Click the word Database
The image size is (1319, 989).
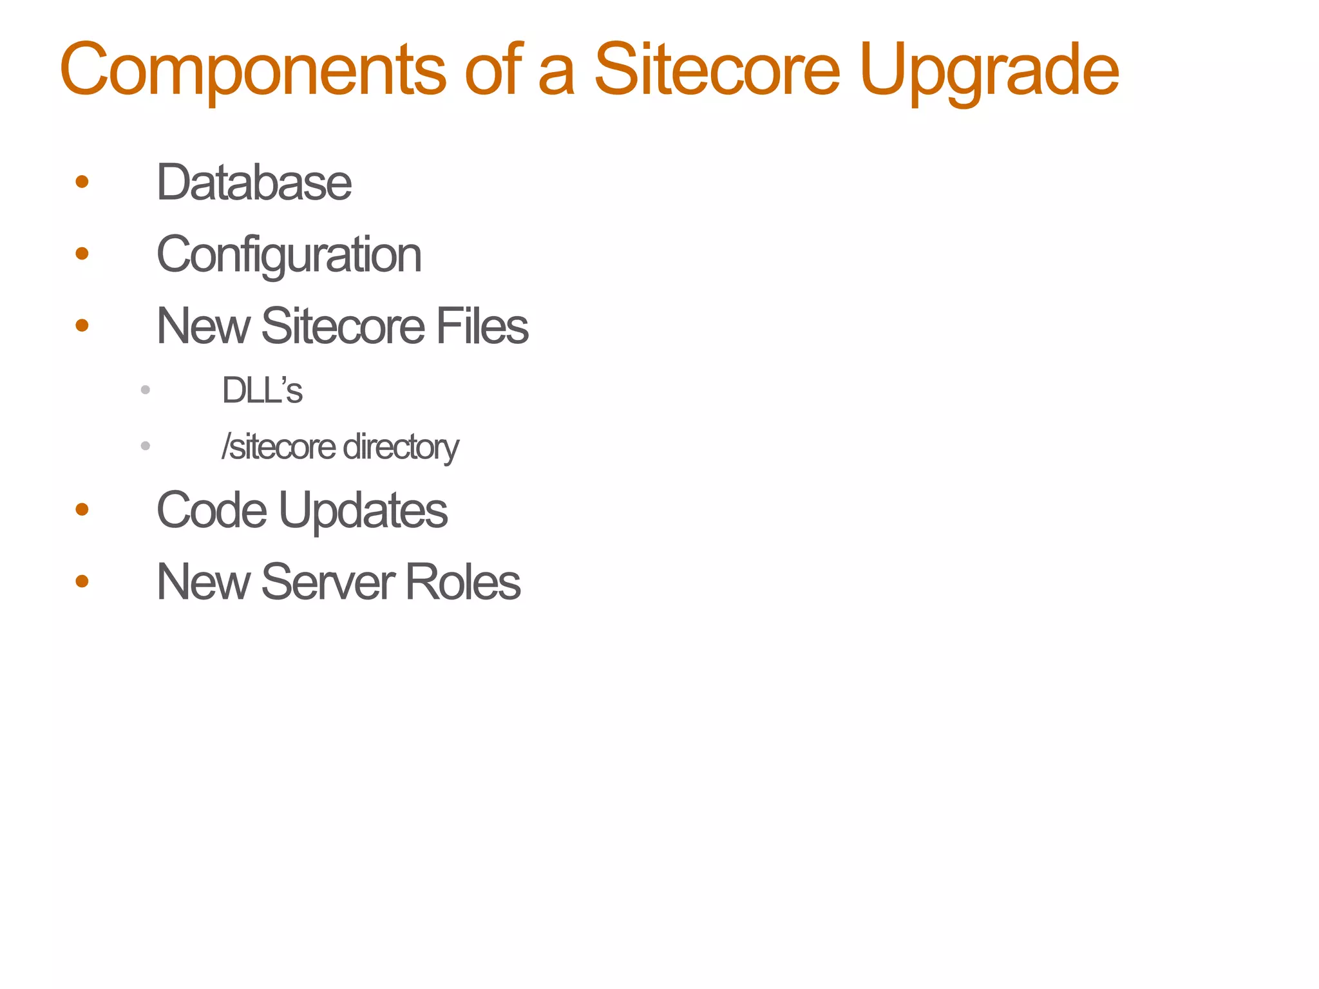point(254,183)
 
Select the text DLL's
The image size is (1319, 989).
point(262,390)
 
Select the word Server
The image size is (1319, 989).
point(328,582)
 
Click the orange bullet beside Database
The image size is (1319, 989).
point(82,182)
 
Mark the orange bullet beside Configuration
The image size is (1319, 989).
point(82,254)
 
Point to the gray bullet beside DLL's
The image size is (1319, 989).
point(146,390)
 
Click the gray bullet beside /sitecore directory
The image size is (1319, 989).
point(146,446)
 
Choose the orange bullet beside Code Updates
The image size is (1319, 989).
point(82,510)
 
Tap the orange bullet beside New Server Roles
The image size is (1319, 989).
point(82,581)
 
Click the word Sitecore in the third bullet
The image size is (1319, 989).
point(343,326)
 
